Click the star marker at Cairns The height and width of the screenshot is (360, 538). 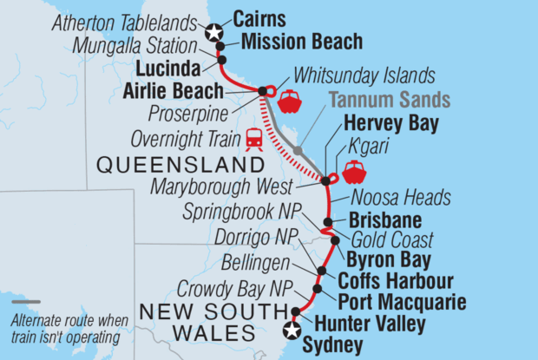coord(213,32)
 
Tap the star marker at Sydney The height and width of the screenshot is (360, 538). coord(292,331)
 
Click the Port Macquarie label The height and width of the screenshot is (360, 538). coord(403,303)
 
